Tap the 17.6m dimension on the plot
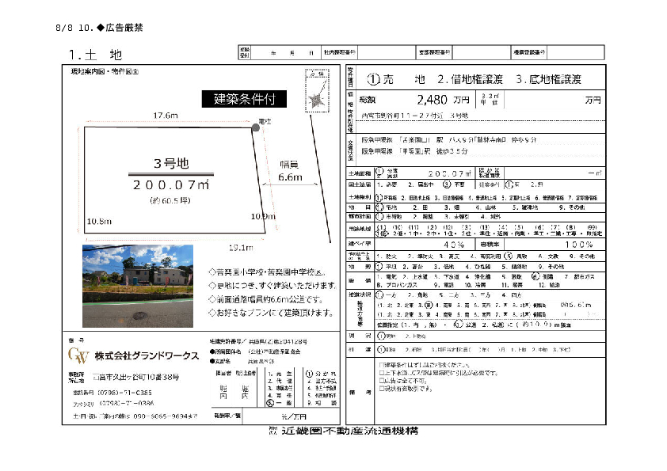point(166,116)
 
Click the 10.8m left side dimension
point(97,221)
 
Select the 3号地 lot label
point(170,164)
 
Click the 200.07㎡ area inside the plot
point(170,184)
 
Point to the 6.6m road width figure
point(291,178)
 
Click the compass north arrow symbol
point(315,99)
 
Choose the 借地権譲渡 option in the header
point(471,79)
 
